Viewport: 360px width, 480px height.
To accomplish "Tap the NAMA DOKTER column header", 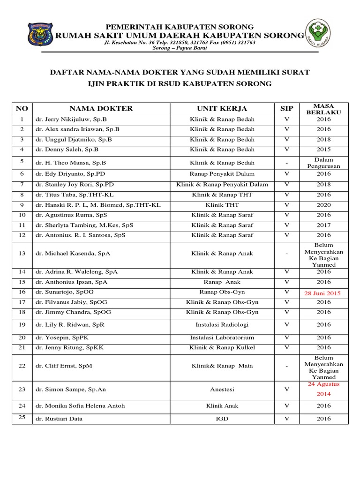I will coord(101,109).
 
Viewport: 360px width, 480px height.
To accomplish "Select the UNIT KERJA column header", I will coord(222,109).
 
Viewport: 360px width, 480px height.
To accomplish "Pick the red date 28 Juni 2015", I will coord(324,293).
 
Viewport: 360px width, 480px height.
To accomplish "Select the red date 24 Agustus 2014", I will coord(324,389).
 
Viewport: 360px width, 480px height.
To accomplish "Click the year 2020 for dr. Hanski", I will coord(324,205).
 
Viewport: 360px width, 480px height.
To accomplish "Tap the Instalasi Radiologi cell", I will coord(222,324).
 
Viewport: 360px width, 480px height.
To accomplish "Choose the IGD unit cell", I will coord(222,419).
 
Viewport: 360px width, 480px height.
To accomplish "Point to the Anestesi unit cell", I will coord(222,389).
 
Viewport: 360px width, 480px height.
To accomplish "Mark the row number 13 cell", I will coord(22,254).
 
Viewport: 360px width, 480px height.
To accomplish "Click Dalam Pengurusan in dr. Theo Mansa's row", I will coord(324,163).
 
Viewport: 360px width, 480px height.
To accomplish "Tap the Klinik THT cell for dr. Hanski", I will coord(222,205).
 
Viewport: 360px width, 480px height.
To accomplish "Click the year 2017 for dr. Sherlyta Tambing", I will coord(324,225).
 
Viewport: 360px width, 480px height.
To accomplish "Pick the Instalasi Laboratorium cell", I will coord(222,337).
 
